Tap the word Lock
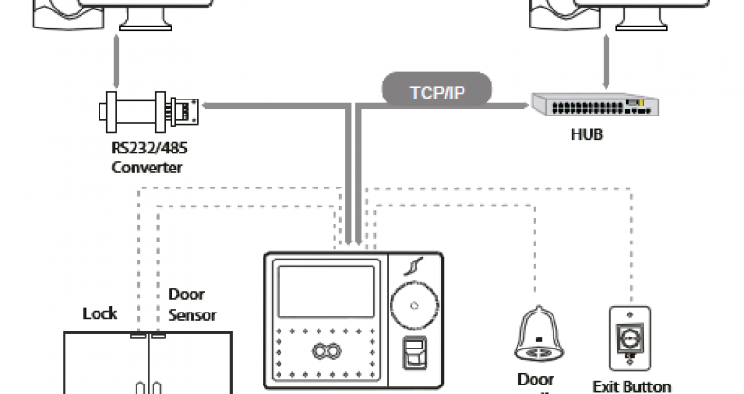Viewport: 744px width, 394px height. coord(100,313)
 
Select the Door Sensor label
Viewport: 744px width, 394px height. coord(192,304)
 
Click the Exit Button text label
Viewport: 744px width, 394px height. coord(632,385)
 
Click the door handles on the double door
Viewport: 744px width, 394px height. coord(148,385)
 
